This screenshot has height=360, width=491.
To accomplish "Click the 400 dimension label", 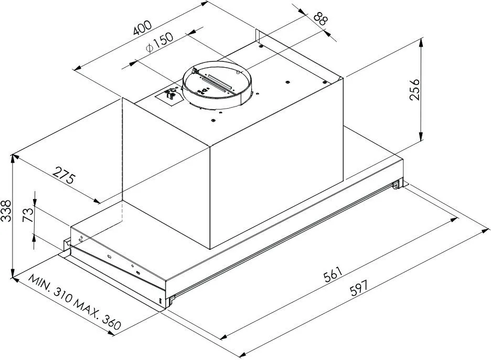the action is (143, 28).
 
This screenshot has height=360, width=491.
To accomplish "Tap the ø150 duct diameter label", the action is (159, 43).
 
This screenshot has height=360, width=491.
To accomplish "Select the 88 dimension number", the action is (320, 19).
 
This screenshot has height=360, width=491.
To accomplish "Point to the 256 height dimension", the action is (414, 89).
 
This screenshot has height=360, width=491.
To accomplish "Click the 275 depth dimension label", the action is (64, 175).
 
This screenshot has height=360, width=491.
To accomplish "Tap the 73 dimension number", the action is (28, 215).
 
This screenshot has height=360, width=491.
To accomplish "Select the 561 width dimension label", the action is (332, 274).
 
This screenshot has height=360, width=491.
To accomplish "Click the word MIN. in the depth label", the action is (40, 284).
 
